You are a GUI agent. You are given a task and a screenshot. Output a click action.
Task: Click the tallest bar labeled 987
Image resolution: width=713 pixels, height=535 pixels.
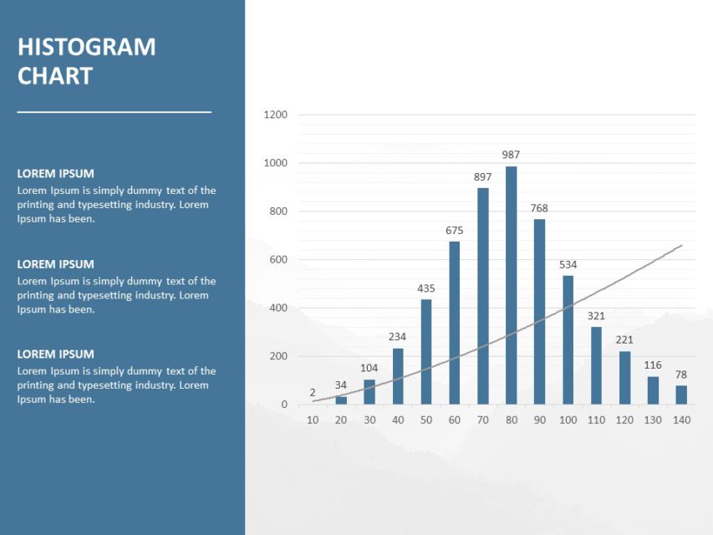point(511,285)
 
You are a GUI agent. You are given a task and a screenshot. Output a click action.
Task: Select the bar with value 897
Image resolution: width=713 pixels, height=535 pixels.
point(482,296)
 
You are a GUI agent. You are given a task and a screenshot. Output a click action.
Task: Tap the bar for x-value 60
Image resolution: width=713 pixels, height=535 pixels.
point(454,323)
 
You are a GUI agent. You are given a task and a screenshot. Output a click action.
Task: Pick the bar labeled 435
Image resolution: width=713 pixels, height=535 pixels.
point(425,352)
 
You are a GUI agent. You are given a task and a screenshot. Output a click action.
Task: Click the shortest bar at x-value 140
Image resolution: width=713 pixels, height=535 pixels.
point(681,395)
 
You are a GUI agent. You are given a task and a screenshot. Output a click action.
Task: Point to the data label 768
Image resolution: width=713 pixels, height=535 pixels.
point(539,208)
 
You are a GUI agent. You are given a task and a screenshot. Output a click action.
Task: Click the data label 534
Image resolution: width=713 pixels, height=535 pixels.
point(568,265)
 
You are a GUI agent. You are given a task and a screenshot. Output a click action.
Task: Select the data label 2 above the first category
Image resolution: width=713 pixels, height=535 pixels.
point(313,392)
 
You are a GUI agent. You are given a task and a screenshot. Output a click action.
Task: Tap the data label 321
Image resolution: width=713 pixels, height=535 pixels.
point(596,316)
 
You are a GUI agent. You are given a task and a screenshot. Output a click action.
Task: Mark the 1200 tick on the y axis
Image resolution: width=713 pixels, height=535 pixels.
point(276,115)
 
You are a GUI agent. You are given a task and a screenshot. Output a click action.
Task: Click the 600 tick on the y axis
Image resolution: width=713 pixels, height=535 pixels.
point(278,260)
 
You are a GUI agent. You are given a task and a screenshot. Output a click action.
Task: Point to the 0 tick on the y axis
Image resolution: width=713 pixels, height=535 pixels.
point(284,405)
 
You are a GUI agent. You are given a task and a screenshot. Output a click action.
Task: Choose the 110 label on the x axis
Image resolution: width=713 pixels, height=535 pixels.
point(596,420)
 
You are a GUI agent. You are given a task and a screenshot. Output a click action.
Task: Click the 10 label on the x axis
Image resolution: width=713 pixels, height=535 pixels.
point(313,420)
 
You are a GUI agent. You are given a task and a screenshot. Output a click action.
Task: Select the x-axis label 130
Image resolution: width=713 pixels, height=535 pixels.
point(653,420)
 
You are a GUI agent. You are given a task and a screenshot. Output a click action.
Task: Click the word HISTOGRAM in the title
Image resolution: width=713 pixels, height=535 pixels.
point(86,47)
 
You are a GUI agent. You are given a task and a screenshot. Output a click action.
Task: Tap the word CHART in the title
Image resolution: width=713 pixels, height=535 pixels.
point(54,76)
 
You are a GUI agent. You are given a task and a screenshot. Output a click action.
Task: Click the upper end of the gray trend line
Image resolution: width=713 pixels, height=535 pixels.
point(681,246)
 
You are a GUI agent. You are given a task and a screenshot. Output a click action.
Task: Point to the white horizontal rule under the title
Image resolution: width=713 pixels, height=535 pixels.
point(114,111)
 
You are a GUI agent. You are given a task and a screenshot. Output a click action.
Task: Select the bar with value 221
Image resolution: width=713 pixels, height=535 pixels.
point(624,378)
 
